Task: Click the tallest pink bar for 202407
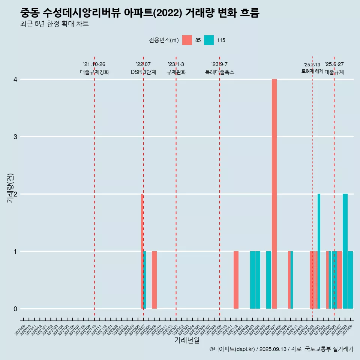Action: (x=274, y=194)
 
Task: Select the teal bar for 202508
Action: (x=345, y=251)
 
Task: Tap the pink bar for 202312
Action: (x=236, y=280)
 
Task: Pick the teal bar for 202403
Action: (x=252, y=280)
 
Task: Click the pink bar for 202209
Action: (x=154, y=280)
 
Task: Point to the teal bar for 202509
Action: (x=350, y=280)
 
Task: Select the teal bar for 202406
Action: (x=268, y=280)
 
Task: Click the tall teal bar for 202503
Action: (x=319, y=251)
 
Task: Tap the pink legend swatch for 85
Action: (x=187, y=40)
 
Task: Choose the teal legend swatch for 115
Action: (x=209, y=40)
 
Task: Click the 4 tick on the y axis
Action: (x=15, y=79)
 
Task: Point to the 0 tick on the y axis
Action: (x=15, y=309)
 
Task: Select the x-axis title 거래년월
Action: (x=187, y=340)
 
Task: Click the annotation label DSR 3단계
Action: (x=143, y=72)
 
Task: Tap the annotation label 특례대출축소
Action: (x=220, y=72)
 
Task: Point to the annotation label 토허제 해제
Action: (x=312, y=71)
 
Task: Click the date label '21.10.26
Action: (x=94, y=64)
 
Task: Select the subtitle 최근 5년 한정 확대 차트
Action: (x=55, y=24)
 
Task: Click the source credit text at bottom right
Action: (x=281, y=349)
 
